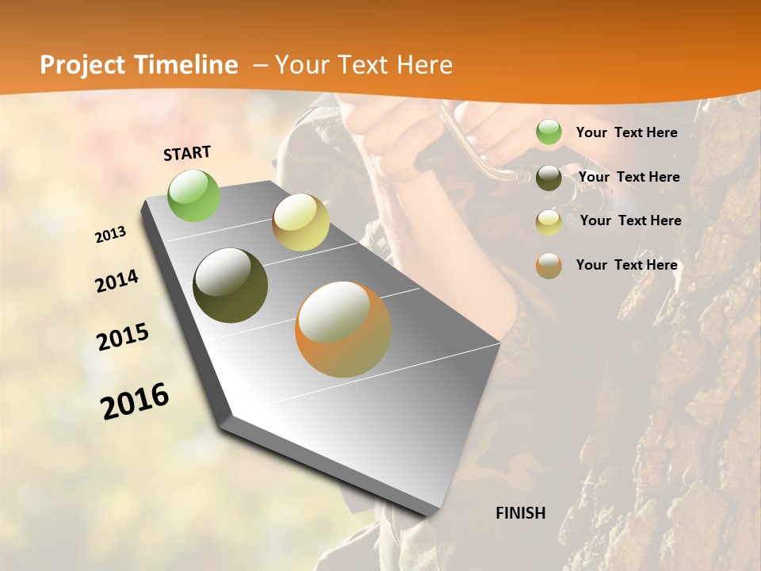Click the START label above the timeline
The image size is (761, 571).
[187, 153]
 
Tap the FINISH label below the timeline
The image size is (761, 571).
[521, 513]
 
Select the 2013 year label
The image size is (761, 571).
[110, 235]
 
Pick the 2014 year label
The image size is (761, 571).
[117, 282]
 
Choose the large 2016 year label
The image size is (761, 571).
[135, 401]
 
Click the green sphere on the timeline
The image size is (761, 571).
[194, 195]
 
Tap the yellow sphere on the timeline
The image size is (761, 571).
[300, 222]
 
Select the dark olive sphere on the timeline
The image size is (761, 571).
[230, 285]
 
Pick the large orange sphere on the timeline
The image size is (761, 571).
[343, 329]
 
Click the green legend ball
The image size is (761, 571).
[549, 132]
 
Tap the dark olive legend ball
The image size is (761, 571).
[549, 178]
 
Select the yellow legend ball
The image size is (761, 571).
[549, 222]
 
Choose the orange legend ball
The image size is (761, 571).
[549, 266]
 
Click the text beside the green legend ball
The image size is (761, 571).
[626, 132]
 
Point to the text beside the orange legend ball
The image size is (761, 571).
[626, 265]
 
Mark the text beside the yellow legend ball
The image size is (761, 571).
[630, 220]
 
